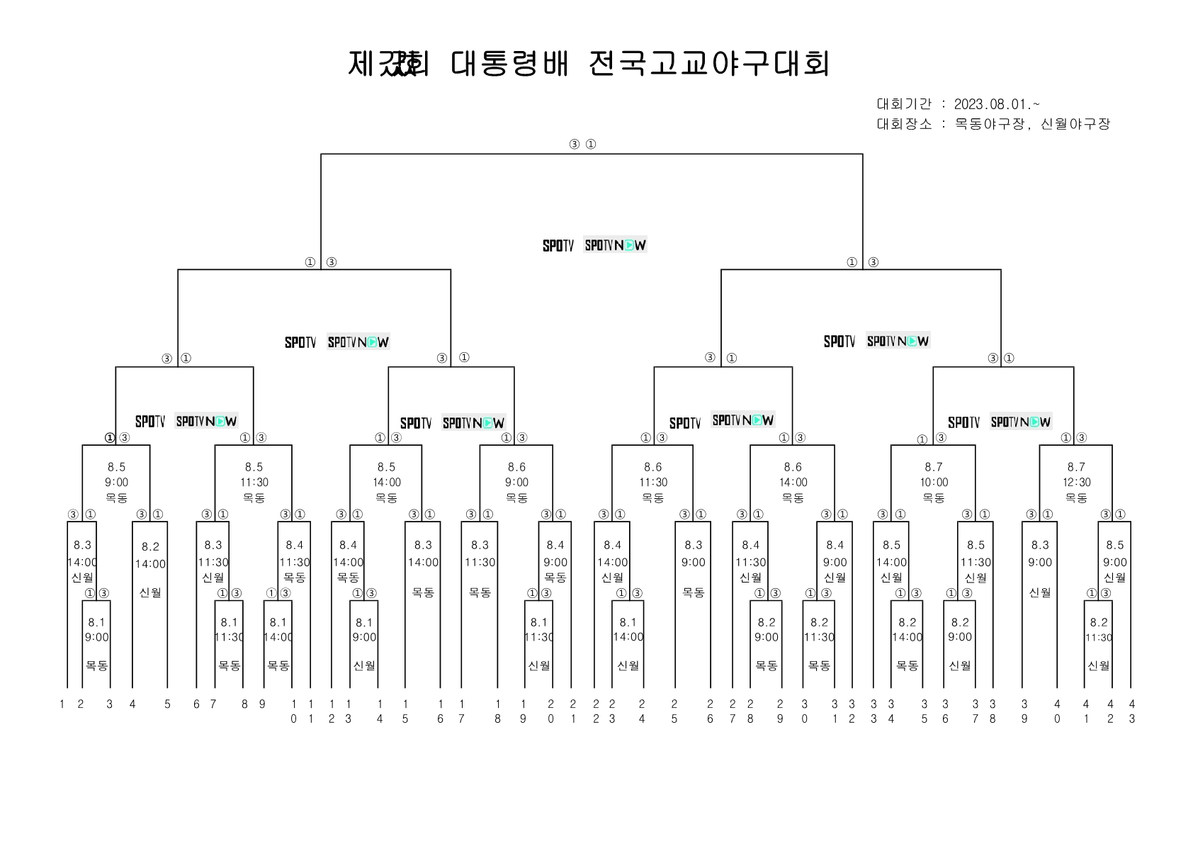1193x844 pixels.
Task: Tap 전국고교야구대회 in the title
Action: pos(708,64)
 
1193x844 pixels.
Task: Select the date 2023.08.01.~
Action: pos(997,105)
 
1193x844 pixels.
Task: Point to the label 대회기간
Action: pos(904,105)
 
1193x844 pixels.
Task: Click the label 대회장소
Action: pos(904,124)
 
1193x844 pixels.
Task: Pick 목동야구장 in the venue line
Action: pos(990,124)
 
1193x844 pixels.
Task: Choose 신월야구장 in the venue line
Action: pos(1075,124)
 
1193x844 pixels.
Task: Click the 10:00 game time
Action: pos(934,483)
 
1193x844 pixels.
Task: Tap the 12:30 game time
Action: pos(1076,483)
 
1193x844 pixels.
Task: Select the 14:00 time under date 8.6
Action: pos(793,483)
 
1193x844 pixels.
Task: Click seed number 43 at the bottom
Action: pos(1131,711)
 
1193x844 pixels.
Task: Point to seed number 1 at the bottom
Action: pos(62,704)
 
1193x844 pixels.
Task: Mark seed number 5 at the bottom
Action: pos(167,704)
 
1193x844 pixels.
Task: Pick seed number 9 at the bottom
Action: pos(262,704)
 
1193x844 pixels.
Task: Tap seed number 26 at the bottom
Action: pos(710,711)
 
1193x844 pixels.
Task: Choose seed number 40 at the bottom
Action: pos(1057,711)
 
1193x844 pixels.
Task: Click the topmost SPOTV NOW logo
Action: pos(615,245)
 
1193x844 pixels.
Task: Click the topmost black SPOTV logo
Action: pos(558,246)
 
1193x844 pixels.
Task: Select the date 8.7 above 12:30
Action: pos(1076,467)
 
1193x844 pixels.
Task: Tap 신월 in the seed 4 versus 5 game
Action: pos(150,592)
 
